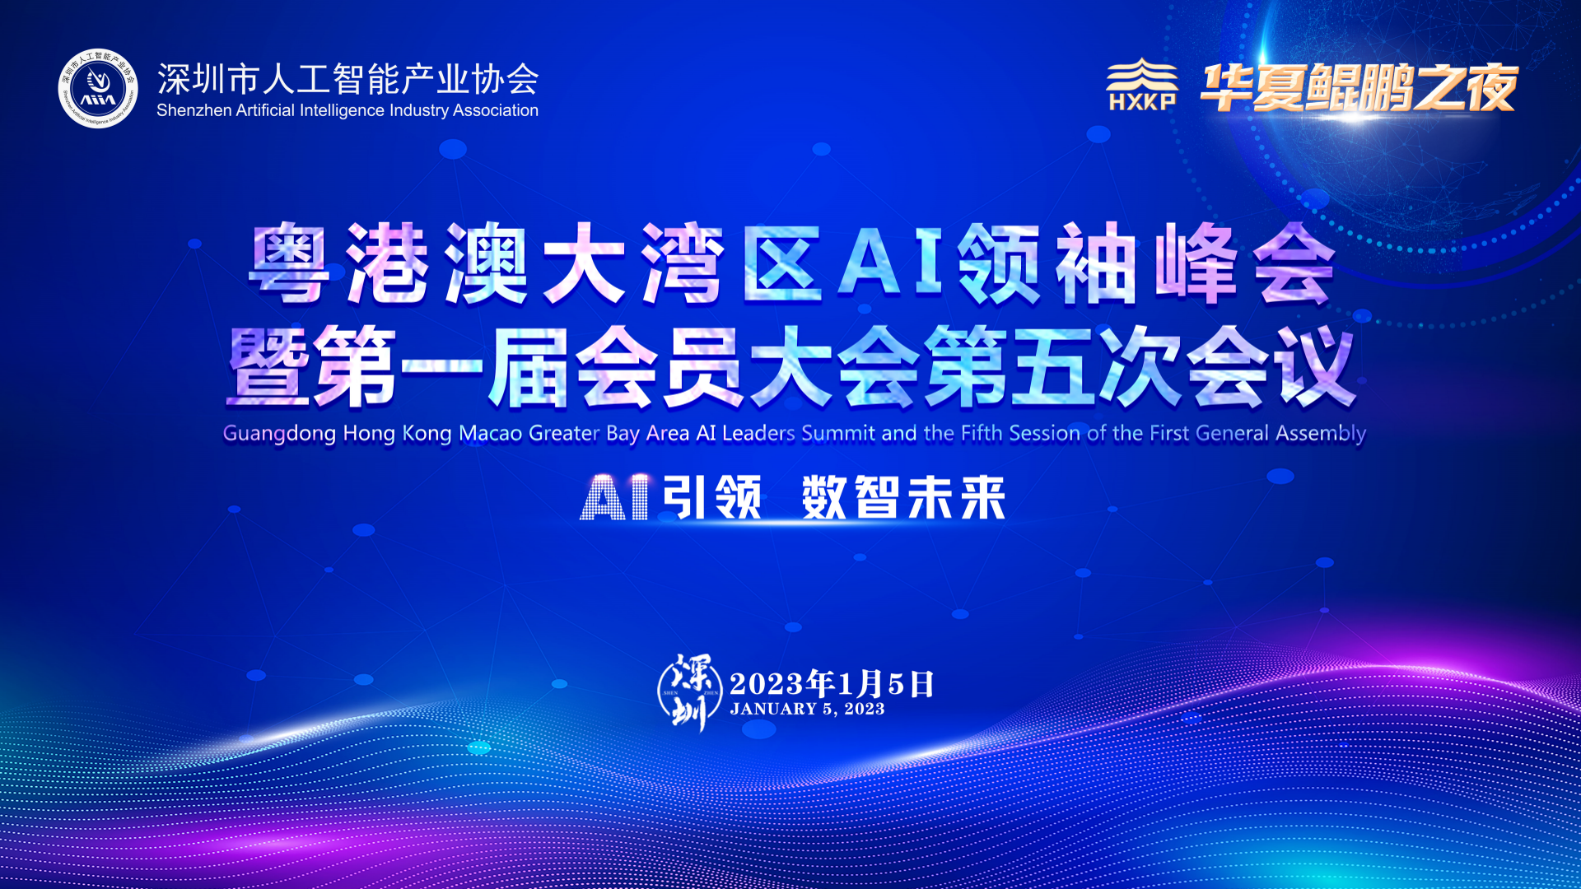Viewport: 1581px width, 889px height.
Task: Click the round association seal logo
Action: tap(98, 88)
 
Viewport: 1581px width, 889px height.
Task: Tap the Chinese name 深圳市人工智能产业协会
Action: tap(347, 79)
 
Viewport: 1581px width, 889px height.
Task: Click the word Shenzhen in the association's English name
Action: tap(194, 110)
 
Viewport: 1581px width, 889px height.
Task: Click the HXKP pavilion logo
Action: tap(1141, 84)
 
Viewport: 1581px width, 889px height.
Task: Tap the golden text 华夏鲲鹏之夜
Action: tap(1359, 87)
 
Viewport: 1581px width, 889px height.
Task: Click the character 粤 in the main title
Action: tap(289, 263)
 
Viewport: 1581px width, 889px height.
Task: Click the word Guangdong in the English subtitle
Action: tap(279, 434)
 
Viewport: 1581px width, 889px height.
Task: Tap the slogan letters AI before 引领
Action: tap(616, 497)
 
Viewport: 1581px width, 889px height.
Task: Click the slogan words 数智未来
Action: tap(904, 497)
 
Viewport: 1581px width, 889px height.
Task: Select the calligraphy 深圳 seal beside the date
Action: tap(690, 692)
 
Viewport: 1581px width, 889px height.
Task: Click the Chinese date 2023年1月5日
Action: tap(832, 683)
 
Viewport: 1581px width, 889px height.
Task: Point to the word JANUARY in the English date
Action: tap(773, 709)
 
